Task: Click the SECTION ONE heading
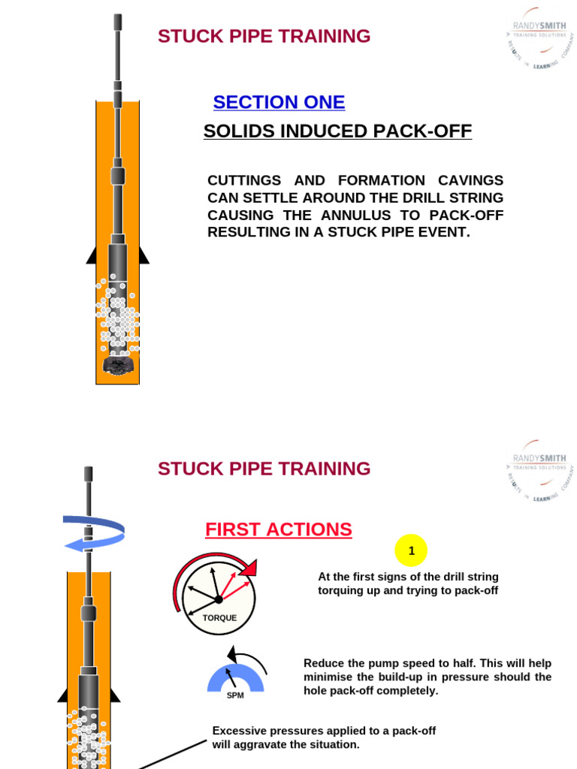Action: click(x=279, y=102)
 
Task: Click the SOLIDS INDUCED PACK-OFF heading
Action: click(x=337, y=131)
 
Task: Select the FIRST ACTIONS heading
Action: click(x=279, y=529)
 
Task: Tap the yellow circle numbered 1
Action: click(x=411, y=551)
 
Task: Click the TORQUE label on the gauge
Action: click(x=219, y=618)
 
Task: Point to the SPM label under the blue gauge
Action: click(x=235, y=695)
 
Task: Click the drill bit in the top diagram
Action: click(x=117, y=365)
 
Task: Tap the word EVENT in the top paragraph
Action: click(x=446, y=232)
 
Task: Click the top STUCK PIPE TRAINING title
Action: click(x=264, y=36)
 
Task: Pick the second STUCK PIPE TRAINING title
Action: click(x=264, y=469)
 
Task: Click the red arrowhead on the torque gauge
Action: click(x=248, y=568)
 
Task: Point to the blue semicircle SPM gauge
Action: click(x=235, y=678)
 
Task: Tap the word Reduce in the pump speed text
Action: click(x=324, y=663)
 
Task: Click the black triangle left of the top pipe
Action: click(x=92, y=255)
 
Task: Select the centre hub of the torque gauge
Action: click(x=219, y=599)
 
